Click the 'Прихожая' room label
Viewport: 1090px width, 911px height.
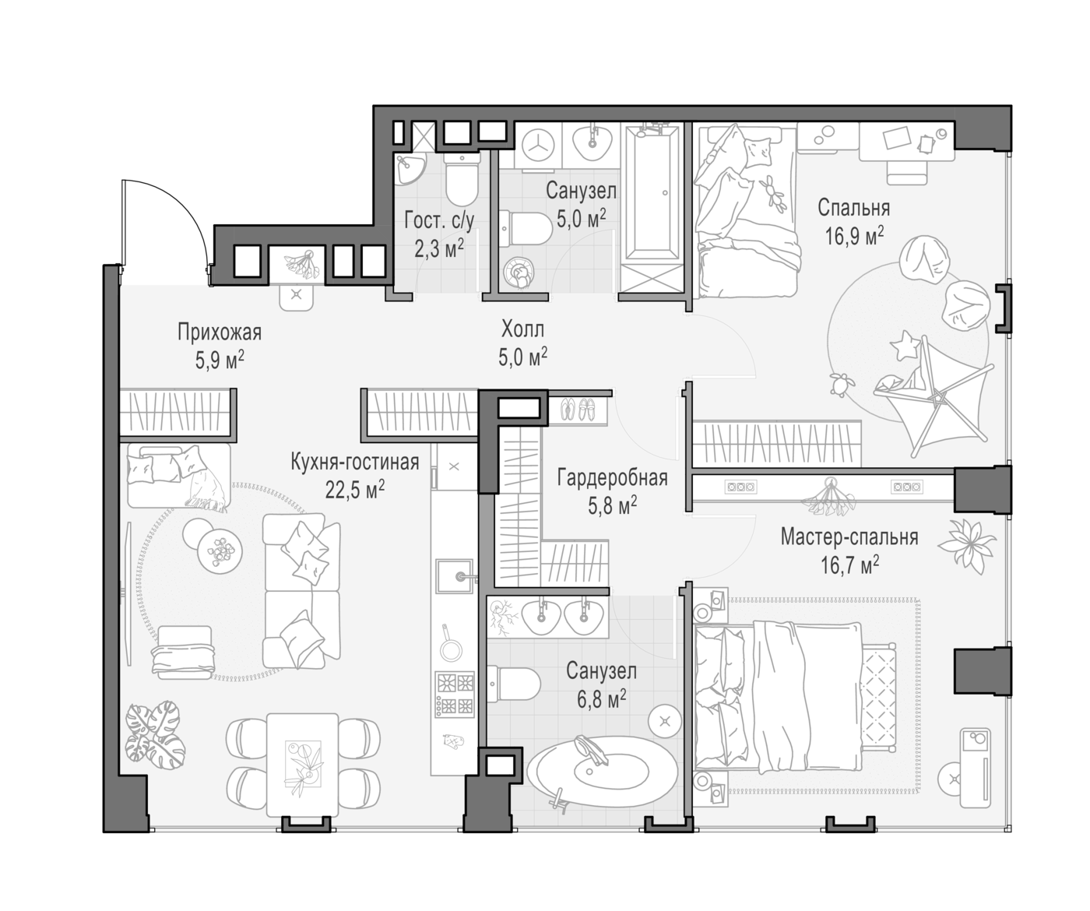[x=220, y=332]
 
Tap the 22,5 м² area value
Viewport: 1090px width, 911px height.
[x=355, y=490]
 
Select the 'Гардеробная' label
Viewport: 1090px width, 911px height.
[x=612, y=477]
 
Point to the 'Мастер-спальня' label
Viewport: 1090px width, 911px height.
[x=849, y=536]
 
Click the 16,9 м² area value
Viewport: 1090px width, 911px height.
[x=855, y=236]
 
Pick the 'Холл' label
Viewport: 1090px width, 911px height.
[x=522, y=329]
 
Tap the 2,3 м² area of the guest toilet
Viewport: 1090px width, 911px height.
[x=439, y=249]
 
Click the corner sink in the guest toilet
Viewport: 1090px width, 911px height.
[x=410, y=169]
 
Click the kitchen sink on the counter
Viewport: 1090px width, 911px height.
[x=455, y=576]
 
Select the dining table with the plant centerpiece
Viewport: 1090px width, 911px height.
[x=302, y=765]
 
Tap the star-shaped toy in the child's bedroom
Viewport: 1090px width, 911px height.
[x=905, y=346]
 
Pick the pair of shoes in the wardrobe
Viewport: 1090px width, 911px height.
[x=578, y=409]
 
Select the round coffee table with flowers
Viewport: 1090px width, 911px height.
[x=220, y=550]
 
